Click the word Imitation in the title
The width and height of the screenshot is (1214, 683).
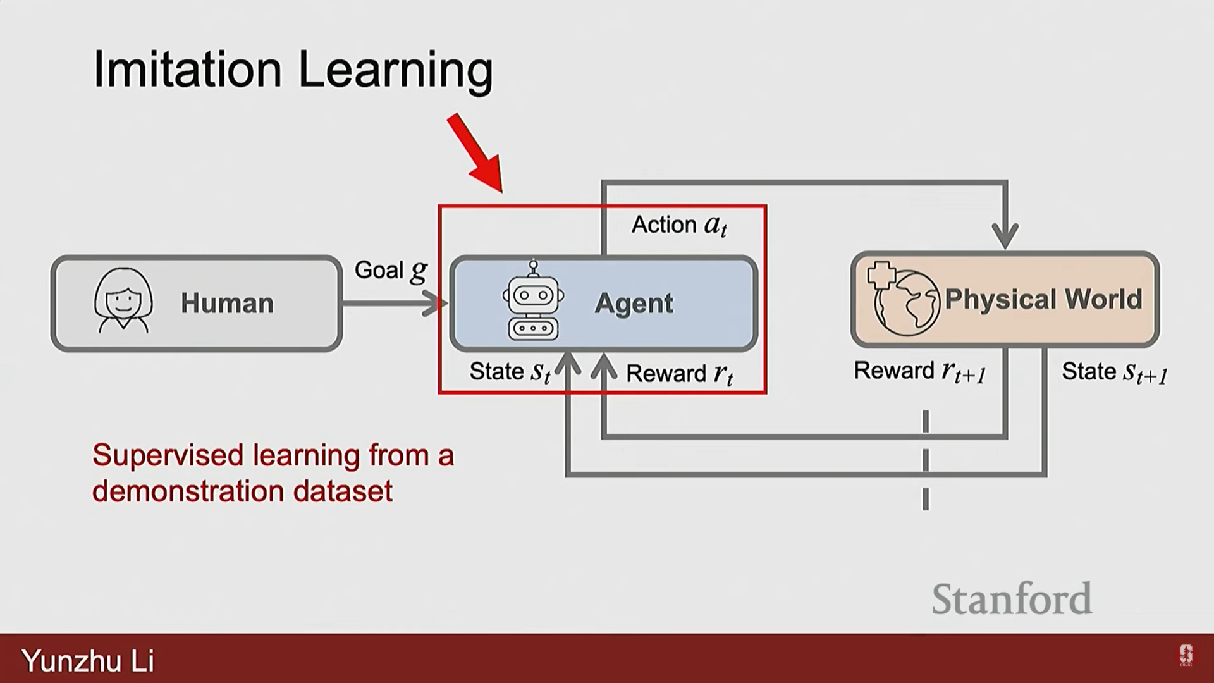click(x=187, y=69)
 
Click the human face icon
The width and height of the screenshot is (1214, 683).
click(x=123, y=300)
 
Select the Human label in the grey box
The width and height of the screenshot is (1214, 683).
click(x=227, y=304)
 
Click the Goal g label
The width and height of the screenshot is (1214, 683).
click(x=390, y=270)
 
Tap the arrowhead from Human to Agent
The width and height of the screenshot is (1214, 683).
click(x=432, y=303)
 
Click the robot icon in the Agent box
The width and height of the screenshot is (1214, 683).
click(x=533, y=302)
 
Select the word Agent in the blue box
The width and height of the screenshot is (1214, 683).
click(x=634, y=304)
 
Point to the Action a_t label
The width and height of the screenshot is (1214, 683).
click(x=679, y=225)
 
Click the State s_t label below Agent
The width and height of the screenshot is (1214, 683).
click(x=510, y=372)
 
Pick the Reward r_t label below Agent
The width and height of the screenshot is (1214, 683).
click(x=679, y=374)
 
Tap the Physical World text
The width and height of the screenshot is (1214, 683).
click(x=1043, y=299)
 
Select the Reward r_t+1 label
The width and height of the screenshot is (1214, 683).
click(x=919, y=371)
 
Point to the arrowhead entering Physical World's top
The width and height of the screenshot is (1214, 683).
click(x=1005, y=237)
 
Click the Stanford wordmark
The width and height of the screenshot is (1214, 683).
click(x=1012, y=598)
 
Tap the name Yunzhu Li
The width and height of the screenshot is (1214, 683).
click(x=88, y=661)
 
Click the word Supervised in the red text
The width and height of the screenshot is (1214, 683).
click(x=168, y=456)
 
